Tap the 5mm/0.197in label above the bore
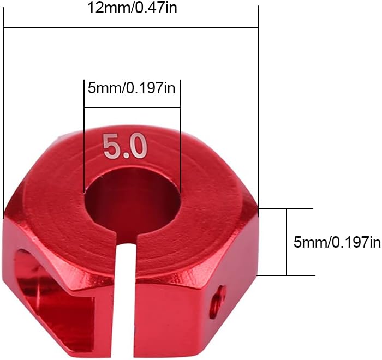[132, 88]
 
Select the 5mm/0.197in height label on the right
[337, 243]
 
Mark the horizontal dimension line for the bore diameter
[132, 108]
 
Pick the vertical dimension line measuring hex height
[286, 242]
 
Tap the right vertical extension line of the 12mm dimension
[258, 109]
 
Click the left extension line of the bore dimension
[84, 136]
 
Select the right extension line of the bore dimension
[180, 136]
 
